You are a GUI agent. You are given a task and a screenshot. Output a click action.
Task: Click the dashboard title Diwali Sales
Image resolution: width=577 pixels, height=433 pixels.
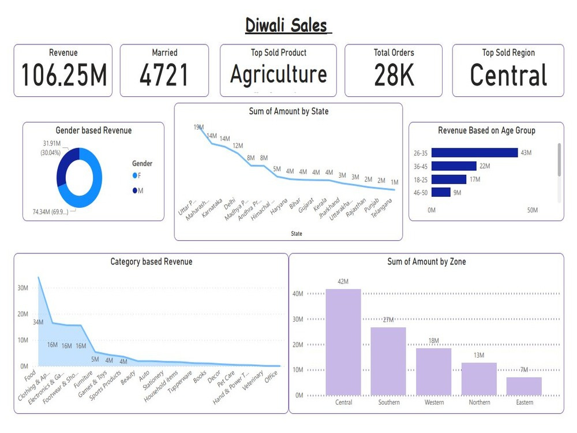[x=287, y=26]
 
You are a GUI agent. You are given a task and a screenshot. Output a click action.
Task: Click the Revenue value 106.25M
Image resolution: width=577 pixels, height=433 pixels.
[x=63, y=75]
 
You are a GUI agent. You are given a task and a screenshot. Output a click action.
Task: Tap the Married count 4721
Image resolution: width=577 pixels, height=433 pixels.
[x=164, y=75]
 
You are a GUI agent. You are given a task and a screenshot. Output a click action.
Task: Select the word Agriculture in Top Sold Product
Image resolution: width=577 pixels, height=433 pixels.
[x=278, y=74]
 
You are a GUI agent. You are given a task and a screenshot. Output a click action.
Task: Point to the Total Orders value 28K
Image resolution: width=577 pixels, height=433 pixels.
[x=394, y=75]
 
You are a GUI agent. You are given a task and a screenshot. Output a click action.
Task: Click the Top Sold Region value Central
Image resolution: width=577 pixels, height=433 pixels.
[x=508, y=75]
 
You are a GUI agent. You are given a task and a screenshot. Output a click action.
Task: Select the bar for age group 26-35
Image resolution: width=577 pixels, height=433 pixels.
[x=474, y=153]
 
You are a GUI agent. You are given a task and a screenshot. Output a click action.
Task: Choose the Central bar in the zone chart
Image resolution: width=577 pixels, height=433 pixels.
[x=343, y=342]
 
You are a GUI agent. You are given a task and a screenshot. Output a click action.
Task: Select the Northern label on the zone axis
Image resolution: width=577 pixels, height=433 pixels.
[x=479, y=402]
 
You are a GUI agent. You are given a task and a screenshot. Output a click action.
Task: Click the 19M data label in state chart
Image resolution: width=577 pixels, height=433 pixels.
[x=199, y=127]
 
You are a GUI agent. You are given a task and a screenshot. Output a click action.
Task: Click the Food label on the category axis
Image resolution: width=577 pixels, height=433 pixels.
[x=30, y=376]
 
